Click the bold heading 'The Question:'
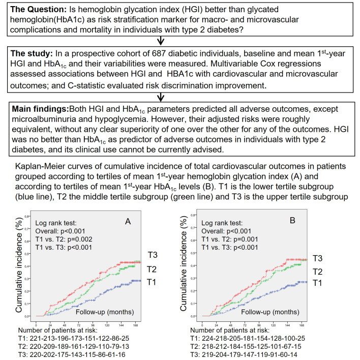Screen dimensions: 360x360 click(x=36, y=11)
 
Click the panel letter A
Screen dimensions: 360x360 click(x=129, y=207)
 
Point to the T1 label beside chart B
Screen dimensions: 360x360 click(x=318, y=283)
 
